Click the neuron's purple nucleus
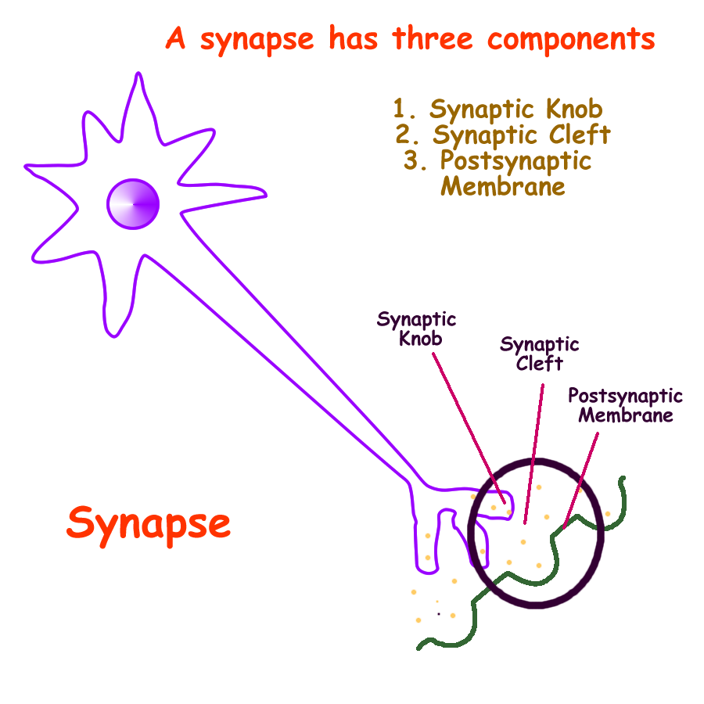(133, 204)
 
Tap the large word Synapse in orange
(149, 523)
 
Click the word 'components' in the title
(570, 39)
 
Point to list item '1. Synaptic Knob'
(497, 109)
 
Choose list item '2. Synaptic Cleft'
(503, 135)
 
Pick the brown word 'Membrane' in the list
(503, 186)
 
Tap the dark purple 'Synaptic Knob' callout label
(416, 329)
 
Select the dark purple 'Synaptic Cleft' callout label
(539, 354)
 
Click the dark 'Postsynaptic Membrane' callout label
(624, 404)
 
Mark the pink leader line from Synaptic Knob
(465, 422)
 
